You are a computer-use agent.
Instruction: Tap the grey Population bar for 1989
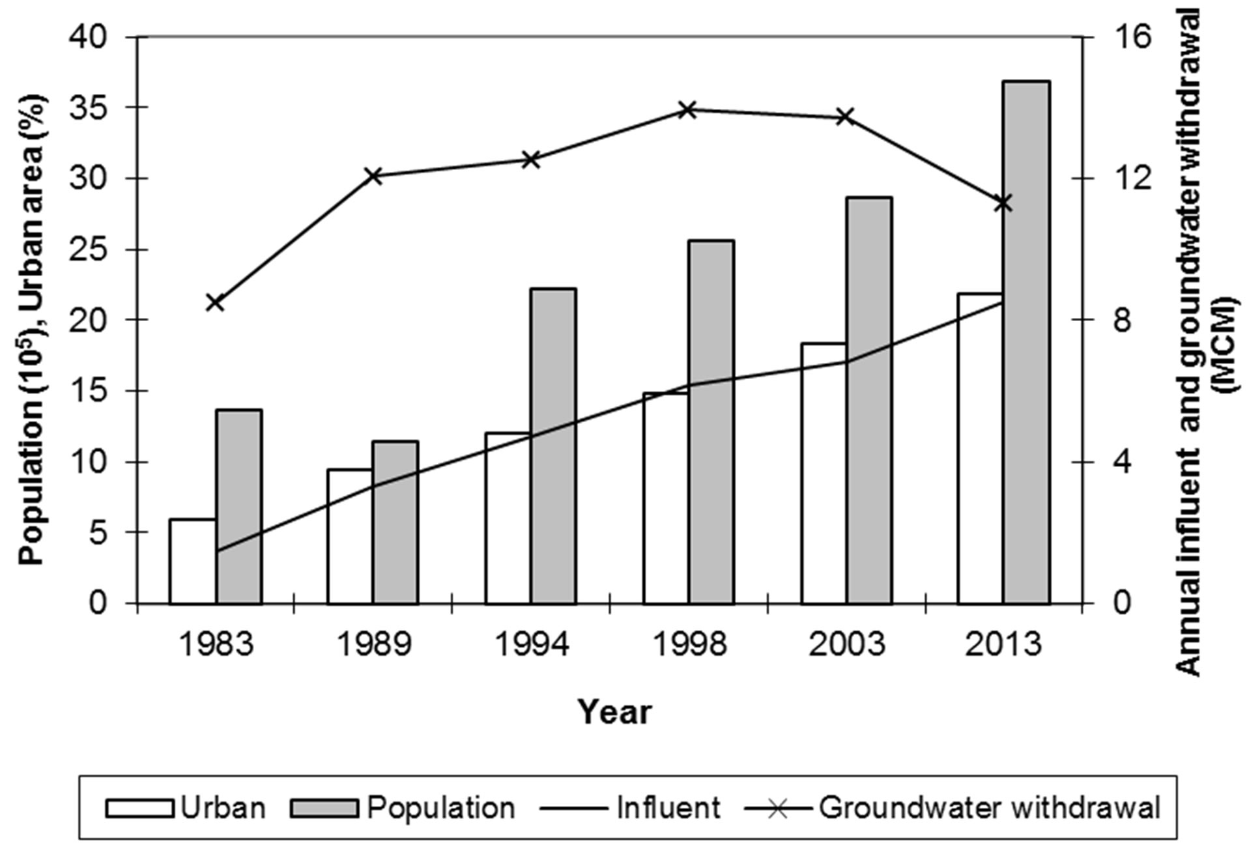click(395, 522)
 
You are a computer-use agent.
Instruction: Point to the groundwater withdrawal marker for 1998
click(688, 109)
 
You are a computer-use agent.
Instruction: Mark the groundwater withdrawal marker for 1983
click(215, 302)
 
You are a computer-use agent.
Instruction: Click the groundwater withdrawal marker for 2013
click(1003, 203)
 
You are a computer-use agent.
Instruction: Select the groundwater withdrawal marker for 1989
click(373, 176)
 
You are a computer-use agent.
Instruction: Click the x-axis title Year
click(614, 712)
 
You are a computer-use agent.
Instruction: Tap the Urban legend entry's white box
click(139, 808)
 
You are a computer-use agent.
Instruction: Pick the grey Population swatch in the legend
click(324, 808)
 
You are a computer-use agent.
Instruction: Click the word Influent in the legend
click(668, 808)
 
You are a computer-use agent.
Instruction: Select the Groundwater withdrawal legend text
click(990, 808)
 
